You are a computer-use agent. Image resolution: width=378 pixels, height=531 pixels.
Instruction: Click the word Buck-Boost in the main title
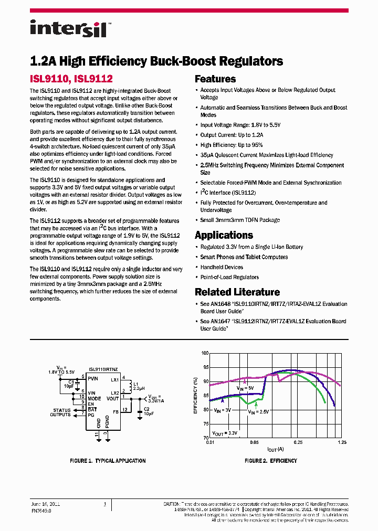175,61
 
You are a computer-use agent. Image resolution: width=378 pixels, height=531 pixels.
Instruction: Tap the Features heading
215,79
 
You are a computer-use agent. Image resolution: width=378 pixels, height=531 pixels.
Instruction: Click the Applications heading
224,235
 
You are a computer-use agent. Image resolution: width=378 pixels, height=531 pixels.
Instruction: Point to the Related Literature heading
237,292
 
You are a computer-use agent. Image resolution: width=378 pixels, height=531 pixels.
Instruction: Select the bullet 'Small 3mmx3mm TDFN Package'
240,220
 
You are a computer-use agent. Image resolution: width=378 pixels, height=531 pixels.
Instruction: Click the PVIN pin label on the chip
93,378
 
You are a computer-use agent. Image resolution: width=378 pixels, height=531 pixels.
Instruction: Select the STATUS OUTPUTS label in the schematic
61,412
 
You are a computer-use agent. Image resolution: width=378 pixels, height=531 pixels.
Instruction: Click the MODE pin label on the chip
94,398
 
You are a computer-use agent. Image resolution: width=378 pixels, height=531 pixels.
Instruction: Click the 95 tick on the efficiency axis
205,367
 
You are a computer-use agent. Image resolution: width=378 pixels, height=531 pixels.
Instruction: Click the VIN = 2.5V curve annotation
258,412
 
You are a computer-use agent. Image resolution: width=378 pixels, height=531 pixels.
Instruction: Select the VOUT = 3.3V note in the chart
225,433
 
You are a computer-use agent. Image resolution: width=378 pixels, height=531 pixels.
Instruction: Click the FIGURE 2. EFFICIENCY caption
271,461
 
